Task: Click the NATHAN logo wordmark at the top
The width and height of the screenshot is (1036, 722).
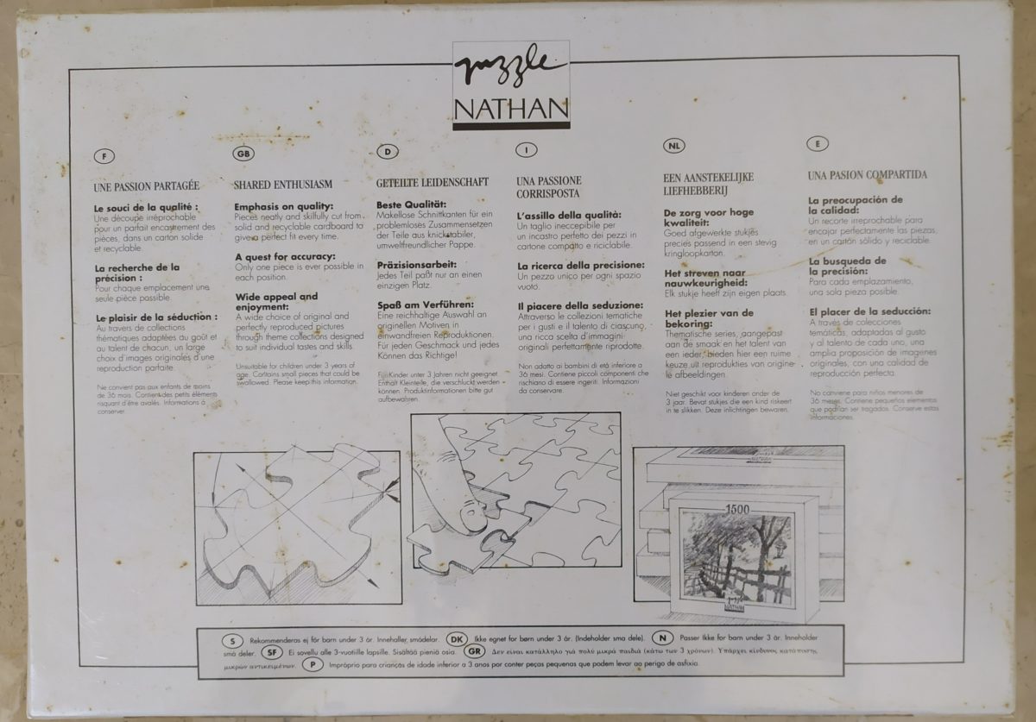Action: point(511,110)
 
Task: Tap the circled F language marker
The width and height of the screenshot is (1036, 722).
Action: point(104,157)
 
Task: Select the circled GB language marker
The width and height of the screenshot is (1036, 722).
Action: point(244,154)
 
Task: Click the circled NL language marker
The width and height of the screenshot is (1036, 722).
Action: point(674,148)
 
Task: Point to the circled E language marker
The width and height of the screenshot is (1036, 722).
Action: point(817,144)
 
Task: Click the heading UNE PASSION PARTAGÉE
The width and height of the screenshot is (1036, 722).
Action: point(146,185)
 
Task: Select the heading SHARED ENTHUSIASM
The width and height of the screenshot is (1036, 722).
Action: point(278,185)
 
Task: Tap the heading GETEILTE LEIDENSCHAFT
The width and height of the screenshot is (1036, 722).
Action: point(433,182)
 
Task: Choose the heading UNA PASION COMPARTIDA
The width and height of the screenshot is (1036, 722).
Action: point(856,175)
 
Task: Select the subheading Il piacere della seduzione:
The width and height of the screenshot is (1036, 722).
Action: point(580,305)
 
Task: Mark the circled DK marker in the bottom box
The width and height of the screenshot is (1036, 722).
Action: point(458,640)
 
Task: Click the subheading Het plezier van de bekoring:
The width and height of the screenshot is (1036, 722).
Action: point(708,318)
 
